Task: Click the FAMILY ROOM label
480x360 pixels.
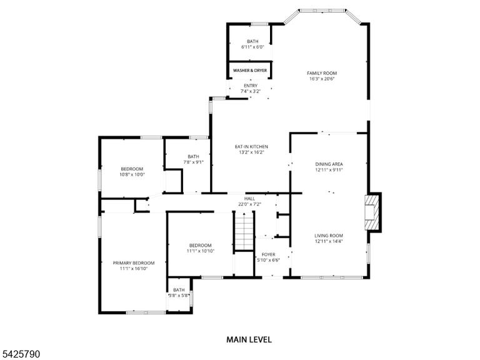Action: (322, 73)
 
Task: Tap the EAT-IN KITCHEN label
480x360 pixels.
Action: (251, 147)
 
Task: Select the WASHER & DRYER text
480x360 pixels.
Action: (250, 71)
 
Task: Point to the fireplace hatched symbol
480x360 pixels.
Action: (372, 212)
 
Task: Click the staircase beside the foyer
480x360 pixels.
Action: (244, 231)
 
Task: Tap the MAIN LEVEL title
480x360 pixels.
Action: (249, 339)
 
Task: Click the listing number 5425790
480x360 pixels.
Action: (20, 354)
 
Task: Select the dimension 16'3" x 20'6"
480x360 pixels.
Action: (322, 79)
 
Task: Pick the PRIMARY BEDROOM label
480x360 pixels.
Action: (134, 263)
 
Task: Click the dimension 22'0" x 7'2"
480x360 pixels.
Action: (250, 204)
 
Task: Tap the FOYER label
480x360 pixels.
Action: (269, 255)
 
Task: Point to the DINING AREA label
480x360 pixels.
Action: (329, 164)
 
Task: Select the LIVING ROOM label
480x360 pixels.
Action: (329, 236)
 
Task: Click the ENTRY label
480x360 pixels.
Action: (251, 86)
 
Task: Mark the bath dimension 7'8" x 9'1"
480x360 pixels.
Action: (194, 162)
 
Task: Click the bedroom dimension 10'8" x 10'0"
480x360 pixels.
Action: (132, 174)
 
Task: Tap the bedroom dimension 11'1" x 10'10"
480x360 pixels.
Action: (201, 251)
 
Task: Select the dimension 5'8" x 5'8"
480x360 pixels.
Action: (179, 296)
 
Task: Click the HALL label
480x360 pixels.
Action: (250, 199)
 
